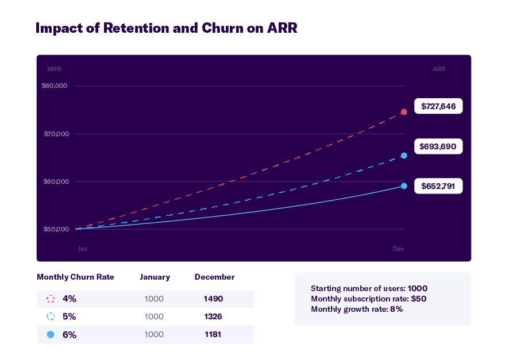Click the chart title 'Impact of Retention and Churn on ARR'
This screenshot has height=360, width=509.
[167, 29]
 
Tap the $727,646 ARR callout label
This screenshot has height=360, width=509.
[438, 106]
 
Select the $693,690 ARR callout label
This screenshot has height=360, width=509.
[438, 146]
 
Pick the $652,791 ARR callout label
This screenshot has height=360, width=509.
[438, 186]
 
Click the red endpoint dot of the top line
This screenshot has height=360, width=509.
[404, 112]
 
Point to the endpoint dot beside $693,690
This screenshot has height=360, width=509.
[404, 156]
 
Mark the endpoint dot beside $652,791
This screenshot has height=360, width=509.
[404, 186]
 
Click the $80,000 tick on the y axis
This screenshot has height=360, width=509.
[55, 86]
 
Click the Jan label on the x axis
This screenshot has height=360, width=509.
[83, 249]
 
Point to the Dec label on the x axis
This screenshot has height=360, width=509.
[398, 249]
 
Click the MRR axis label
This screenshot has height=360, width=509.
[54, 69]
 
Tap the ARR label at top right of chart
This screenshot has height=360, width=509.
[439, 69]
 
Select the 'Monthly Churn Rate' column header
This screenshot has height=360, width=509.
[75, 277]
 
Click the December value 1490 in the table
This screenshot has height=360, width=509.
[214, 299]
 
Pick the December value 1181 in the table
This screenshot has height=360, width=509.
[214, 334]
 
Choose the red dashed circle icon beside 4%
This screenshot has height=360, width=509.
[51, 299]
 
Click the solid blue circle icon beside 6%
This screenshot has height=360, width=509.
[51, 334]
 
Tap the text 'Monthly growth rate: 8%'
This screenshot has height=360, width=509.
[357, 309]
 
